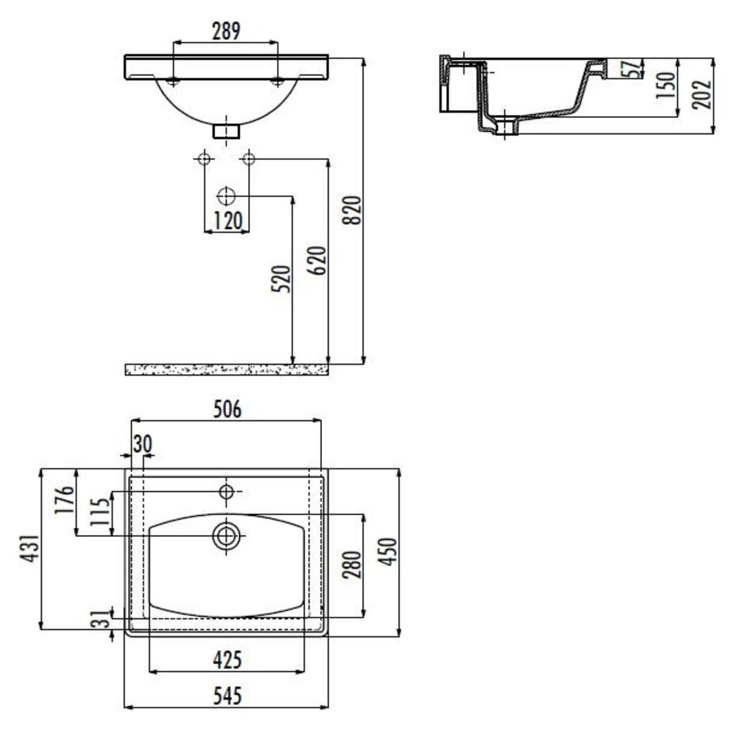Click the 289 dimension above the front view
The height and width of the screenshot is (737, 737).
tap(226, 31)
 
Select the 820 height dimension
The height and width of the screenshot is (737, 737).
tap(354, 210)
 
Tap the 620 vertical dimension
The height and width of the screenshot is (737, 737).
tap(317, 260)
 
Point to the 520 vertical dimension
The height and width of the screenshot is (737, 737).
tap(281, 279)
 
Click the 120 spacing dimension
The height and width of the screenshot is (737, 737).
tap(227, 221)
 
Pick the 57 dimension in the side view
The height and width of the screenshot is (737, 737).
tap(634, 69)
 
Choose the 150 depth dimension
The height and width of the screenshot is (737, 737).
tap(666, 85)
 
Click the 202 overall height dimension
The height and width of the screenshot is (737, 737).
tap(701, 95)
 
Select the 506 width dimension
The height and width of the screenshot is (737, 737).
tap(227, 409)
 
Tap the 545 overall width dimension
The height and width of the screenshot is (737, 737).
tap(227, 696)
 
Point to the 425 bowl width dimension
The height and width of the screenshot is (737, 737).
tap(227, 660)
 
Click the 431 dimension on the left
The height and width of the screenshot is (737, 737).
tap(29, 548)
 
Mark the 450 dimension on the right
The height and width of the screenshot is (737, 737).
tap(388, 552)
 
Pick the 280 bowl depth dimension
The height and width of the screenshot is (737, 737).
tap(352, 565)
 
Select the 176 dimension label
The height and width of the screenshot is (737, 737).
tap(65, 499)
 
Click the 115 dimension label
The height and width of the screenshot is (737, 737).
tap(100, 511)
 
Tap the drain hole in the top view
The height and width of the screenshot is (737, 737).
tap(226, 535)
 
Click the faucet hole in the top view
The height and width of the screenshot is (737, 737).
tap(226, 492)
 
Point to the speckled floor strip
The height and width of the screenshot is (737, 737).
tap(227, 369)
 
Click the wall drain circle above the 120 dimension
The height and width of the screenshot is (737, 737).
tap(226, 196)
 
